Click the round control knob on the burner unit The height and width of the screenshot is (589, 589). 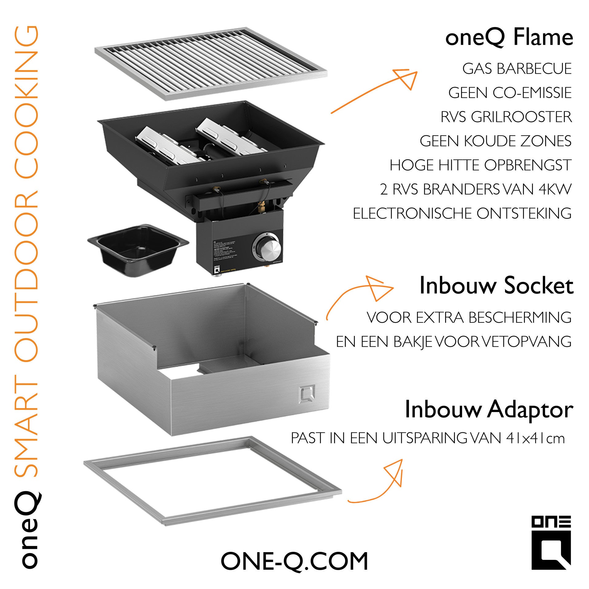click(266, 248)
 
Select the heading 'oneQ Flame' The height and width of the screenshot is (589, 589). click(509, 38)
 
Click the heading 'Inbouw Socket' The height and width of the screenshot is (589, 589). click(496, 286)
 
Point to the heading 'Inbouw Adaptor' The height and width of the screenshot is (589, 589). click(489, 410)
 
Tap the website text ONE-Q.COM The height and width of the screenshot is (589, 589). click(294, 561)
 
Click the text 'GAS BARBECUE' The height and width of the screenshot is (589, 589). click(517, 69)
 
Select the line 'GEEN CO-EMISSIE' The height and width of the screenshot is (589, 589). click(510, 93)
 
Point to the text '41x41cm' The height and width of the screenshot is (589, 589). click(535, 438)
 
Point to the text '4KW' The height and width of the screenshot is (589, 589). click(555, 189)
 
